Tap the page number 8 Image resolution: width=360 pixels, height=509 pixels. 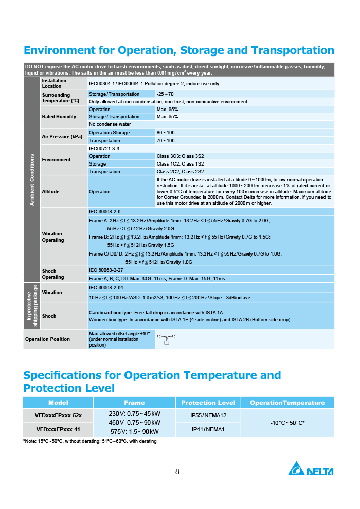pos(177,472)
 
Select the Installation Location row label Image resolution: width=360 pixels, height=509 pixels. pos(54,83)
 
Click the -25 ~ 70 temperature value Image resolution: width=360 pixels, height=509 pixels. pos(165,94)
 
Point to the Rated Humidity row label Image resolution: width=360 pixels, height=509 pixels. pos(59,117)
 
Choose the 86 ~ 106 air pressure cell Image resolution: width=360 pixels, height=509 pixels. pos(166,133)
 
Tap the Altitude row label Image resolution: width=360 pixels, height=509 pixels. pos(50,192)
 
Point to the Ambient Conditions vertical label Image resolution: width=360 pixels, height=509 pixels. pos(32,179)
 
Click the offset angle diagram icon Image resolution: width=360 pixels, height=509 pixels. pos(166,339)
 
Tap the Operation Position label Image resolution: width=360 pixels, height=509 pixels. pos(47,339)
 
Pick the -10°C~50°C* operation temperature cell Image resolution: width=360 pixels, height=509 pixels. pos(287,423)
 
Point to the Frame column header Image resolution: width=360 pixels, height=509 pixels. pos(134,403)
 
